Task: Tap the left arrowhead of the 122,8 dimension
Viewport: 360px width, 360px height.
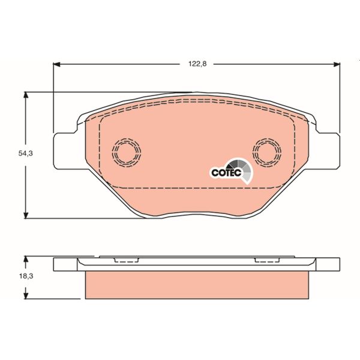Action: click(58, 64)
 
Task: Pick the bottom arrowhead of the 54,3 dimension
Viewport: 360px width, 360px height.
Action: click(26, 215)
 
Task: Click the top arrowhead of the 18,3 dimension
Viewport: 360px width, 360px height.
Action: click(26, 259)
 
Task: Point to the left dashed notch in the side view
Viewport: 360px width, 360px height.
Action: click(125, 261)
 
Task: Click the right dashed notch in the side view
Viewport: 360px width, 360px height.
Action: click(266, 261)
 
